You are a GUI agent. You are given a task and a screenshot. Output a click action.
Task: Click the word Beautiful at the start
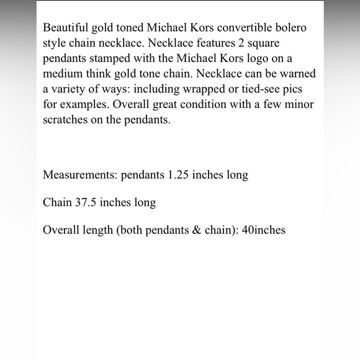(66, 29)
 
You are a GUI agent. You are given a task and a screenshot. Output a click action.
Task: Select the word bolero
(289, 29)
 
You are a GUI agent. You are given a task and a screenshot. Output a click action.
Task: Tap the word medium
(63, 74)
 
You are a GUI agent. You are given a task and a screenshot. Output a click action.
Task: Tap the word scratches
(66, 120)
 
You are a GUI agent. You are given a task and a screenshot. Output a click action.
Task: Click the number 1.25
(181, 175)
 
